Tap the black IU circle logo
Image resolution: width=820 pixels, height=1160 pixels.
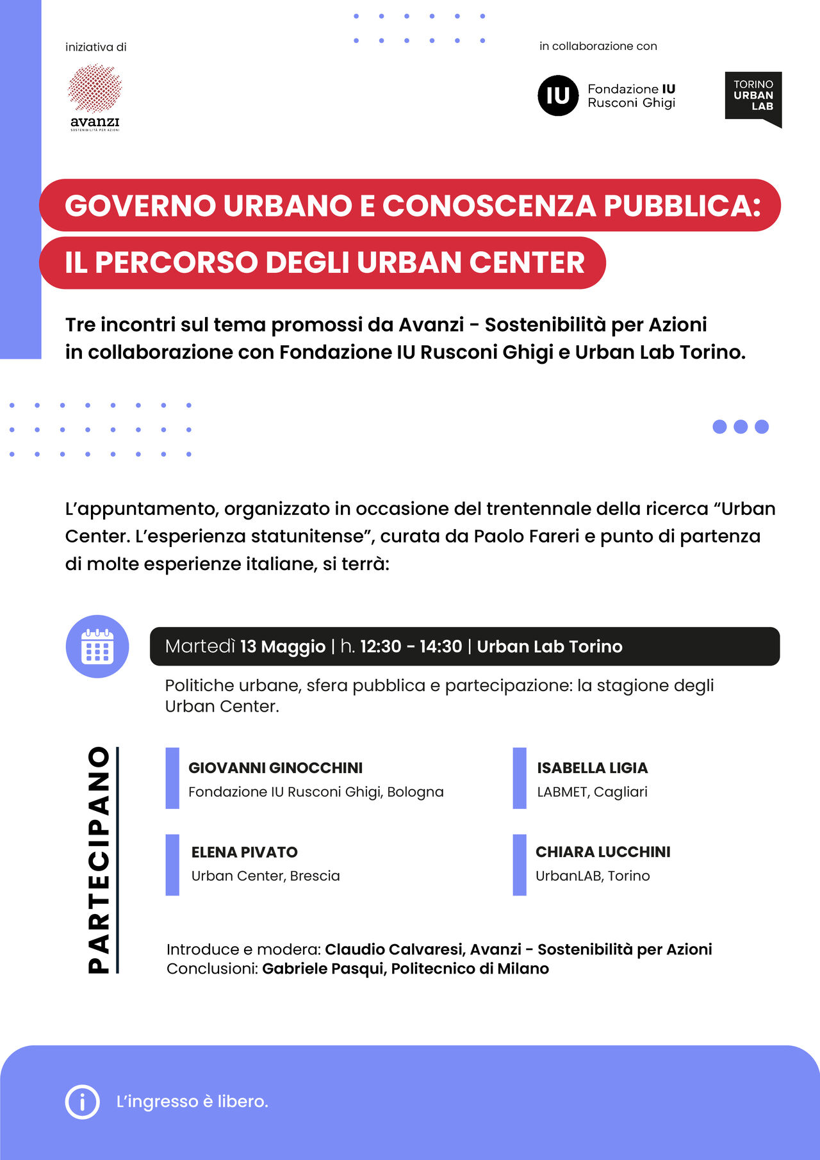[557, 95]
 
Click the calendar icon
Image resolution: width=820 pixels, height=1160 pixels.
[97, 646]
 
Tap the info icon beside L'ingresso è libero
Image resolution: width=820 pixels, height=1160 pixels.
[83, 1102]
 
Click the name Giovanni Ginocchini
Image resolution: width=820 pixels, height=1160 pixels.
[275, 767]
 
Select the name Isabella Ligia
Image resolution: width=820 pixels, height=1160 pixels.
[592, 767]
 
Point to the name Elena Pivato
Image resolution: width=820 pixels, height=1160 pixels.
[244, 852]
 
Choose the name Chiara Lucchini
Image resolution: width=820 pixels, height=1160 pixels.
[603, 852]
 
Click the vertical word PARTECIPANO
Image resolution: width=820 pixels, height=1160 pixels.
[99, 860]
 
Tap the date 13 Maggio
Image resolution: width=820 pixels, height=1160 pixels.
[283, 646]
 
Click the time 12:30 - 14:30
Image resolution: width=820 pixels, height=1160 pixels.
[411, 646]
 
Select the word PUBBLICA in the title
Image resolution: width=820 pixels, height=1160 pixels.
[682, 206]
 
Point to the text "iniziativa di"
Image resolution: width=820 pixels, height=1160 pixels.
[96, 47]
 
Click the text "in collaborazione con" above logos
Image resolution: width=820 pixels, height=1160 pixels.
[598, 46]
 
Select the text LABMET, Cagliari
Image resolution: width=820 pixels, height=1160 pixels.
[592, 792]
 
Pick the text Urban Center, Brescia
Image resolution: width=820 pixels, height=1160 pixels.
[265, 876]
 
